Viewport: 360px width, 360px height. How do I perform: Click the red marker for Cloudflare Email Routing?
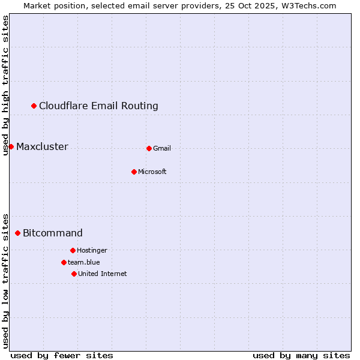coord(34,106)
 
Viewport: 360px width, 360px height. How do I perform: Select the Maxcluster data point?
coord(11,147)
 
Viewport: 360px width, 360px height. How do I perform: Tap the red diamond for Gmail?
coord(149,148)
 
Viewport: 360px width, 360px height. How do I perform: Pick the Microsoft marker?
coord(134,172)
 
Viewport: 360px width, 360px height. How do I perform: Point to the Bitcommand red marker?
coord(17,233)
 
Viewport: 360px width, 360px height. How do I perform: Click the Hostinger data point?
coord(73,250)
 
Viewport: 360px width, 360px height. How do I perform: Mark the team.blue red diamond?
coord(64,262)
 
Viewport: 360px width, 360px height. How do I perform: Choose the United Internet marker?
coord(74,274)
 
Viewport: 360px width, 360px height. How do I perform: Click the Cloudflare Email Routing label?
coord(98,106)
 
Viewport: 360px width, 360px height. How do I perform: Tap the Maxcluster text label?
coord(42,147)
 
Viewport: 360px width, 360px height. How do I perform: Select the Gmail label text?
coord(162,148)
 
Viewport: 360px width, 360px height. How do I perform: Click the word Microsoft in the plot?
coord(152,172)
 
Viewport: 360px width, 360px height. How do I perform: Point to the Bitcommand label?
coord(53,233)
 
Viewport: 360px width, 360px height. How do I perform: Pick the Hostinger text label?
coord(92,250)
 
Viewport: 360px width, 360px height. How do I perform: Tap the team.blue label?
coord(84,262)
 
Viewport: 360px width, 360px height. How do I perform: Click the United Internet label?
coord(103,274)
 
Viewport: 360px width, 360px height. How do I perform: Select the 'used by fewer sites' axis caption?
coord(62,355)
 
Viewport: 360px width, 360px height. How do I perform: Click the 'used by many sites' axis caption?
coord(301,355)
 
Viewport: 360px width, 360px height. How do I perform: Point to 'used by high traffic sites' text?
coord(5,85)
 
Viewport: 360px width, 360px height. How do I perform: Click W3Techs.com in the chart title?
coord(307,5)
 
